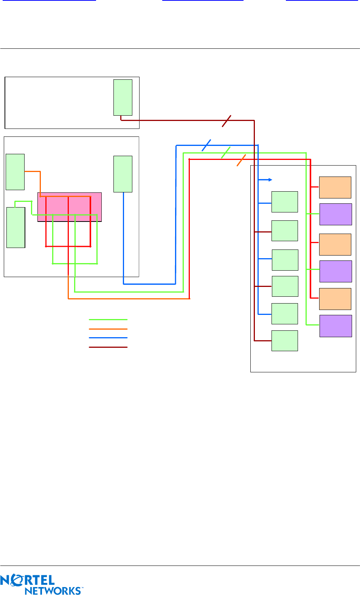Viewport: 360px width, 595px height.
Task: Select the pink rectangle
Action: tap(70, 207)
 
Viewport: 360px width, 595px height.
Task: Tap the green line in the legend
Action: tap(108, 320)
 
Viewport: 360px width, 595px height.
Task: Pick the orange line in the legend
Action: tap(108, 329)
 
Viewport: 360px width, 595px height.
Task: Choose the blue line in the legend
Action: tap(108, 338)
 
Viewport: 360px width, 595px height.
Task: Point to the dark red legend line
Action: tap(108, 347)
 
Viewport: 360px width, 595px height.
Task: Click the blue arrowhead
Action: tap(270, 180)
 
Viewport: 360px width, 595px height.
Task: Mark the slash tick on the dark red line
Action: tap(227, 121)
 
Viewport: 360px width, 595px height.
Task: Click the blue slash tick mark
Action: tap(206, 145)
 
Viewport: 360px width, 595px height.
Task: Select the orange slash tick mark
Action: tap(241, 160)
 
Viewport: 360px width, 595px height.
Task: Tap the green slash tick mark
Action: tap(226, 152)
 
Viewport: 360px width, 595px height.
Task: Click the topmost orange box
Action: tap(335, 187)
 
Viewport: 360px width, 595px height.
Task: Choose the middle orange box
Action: tap(335, 244)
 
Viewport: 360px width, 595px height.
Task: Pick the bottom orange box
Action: tap(335, 299)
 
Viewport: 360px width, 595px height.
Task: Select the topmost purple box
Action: tap(335, 214)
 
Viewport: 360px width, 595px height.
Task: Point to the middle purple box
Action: tap(335, 271)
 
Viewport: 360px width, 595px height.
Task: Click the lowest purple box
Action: tap(335, 326)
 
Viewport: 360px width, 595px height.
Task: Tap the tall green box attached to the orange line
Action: tap(15, 172)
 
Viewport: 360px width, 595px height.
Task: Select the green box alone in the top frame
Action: tap(123, 97)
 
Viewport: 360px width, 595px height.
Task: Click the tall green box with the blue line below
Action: tap(123, 174)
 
